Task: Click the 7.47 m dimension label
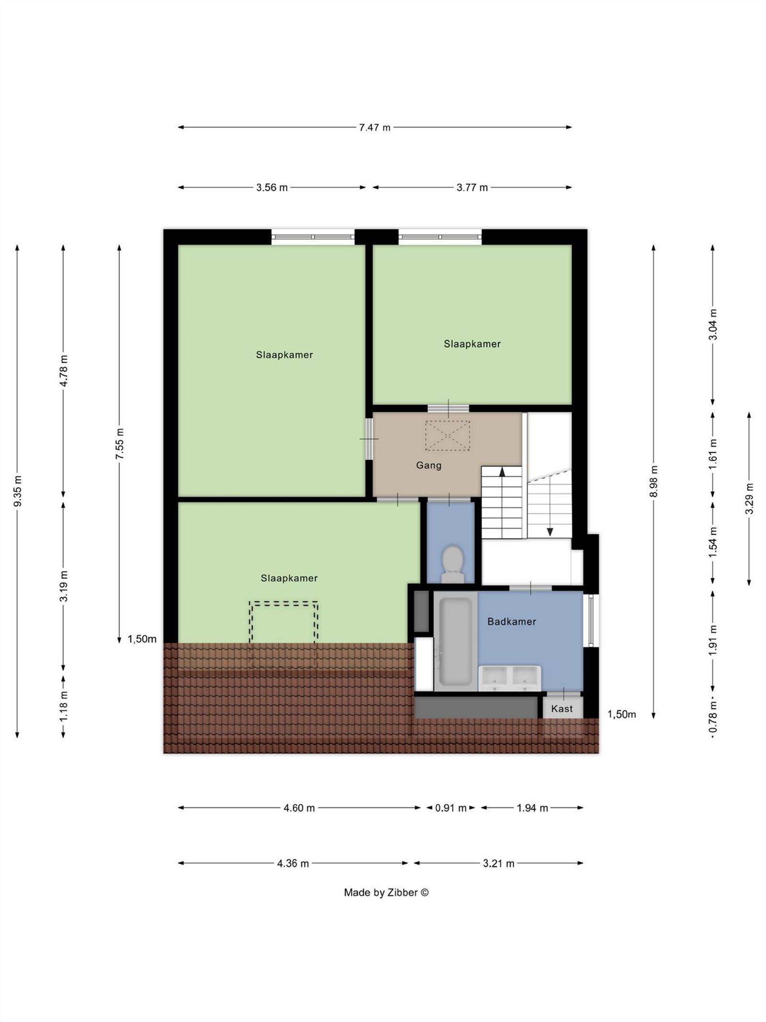coord(374,127)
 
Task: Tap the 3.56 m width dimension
coord(272,187)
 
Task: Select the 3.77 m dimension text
coord(472,187)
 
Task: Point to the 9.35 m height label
coord(18,491)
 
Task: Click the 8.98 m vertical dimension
coord(654,481)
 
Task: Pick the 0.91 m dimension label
coord(451,808)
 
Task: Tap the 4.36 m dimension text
coord(293,863)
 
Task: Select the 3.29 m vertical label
coord(749,499)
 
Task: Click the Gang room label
coord(428,465)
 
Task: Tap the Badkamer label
coord(511,621)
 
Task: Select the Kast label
coord(562,709)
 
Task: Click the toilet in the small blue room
coord(452,564)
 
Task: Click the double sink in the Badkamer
coord(509,678)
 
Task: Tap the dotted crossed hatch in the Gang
coord(448,436)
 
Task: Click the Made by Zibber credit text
coord(386,893)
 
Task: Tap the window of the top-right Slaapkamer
coord(440,237)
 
